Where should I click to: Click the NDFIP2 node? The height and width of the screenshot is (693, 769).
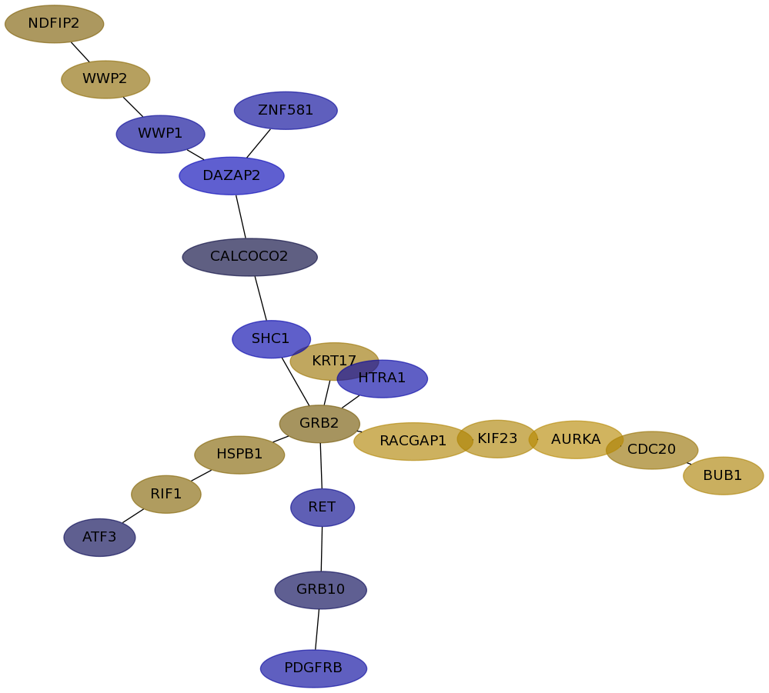pyautogui.click(x=54, y=24)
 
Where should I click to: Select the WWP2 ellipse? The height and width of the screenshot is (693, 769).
pyautogui.click(x=105, y=79)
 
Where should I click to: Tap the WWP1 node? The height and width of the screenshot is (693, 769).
pyautogui.click(x=160, y=134)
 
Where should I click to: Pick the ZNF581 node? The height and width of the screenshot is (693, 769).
pyautogui.click(x=286, y=111)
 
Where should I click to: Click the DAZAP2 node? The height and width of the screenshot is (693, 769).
pyautogui.click(x=232, y=176)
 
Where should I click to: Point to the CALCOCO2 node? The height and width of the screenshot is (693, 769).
pyautogui.click(x=249, y=257)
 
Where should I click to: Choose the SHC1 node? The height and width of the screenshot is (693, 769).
pyautogui.click(x=271, y=339)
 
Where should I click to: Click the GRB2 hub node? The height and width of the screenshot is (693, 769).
pyautogui.click(x=319, y=424)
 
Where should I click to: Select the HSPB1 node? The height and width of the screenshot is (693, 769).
pyautogui.click(x=239, y=455)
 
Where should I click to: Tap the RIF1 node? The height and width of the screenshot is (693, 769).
pyautogui.click(x=166, y=495)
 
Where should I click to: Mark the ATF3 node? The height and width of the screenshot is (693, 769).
pyautogui.click(x=99, y=538)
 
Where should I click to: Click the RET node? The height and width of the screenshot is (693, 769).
pyautogui.click(x=323, y=508)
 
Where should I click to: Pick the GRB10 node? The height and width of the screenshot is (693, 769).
pyautogui.click(x=320, y=590)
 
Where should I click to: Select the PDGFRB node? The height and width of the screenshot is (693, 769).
pyautogui.click(x=313, y=668)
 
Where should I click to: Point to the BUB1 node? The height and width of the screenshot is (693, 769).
pyautogui.click(x=723, y=476)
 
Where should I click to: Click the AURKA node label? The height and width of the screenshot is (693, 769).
pyautogui.click(x=576, y=440)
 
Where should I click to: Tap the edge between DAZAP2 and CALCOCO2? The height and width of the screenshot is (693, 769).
pyautogui.click(x=241, y=216)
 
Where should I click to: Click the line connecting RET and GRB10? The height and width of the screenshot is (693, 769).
pyautogui.click(x=322, y=549)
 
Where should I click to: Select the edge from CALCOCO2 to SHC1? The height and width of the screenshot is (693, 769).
pyautogui.click(x=260, y=298)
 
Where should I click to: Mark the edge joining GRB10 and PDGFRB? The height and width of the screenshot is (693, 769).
pyautogui.click(x=317, y=629)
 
